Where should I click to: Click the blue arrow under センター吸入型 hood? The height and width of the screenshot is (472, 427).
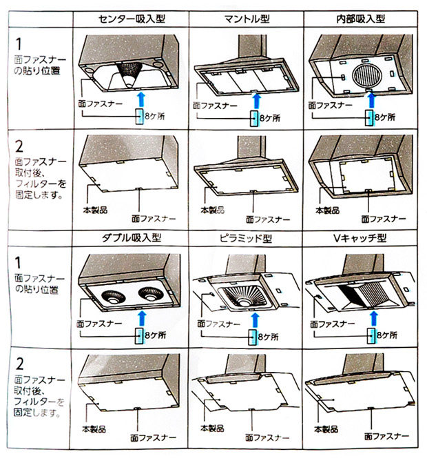pyautogui.click(x=141, y=97)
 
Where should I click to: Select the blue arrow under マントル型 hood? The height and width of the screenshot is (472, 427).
pyautogui.click(x=256, y=97)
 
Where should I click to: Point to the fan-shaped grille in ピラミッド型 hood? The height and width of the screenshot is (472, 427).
pyautogui.click(x=242, y=295)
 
